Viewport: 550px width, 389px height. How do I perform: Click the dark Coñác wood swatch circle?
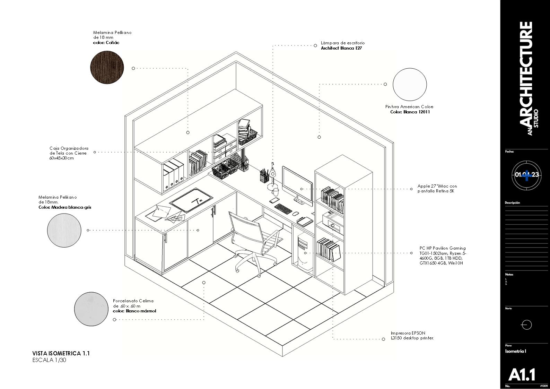point(107,66)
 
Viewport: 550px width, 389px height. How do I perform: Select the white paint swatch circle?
point(409,85)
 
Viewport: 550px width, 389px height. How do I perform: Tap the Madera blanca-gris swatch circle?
point(64,230)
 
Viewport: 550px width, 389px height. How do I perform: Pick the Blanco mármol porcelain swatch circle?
point(91,309)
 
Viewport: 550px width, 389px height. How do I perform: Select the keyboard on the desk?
point(283,209)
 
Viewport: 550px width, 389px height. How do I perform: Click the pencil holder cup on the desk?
point(264,176)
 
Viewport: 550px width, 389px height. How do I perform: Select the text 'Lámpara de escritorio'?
point(342,43)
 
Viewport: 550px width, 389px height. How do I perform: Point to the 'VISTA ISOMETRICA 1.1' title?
point(61,353)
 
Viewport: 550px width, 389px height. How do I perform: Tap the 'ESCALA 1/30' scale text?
point(49,360)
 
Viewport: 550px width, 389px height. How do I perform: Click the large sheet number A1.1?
point(522,374)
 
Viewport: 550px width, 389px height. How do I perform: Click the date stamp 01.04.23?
point(526,174)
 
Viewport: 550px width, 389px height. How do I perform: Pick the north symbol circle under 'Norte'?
point(526,325)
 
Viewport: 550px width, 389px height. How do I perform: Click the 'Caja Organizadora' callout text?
point(69,148)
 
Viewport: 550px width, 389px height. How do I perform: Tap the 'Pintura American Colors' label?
point(409,107)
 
